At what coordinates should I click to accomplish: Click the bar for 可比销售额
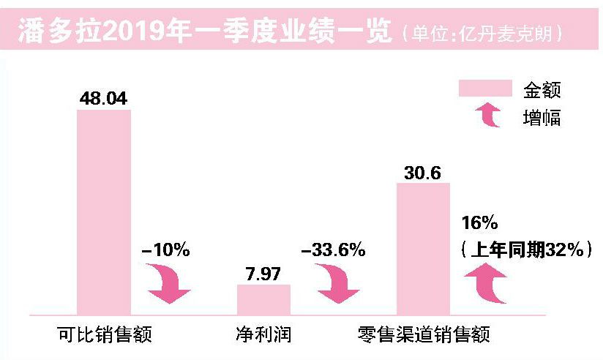[104, 211]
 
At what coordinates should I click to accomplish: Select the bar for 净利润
[263, 299]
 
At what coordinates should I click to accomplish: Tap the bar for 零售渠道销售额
[423, 248]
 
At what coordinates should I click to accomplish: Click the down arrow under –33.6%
[333, 285]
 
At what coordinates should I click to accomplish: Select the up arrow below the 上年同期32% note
[487, 285]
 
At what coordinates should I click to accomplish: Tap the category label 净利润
[264, 335]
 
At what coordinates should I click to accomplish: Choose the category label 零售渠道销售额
[423, 335]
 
